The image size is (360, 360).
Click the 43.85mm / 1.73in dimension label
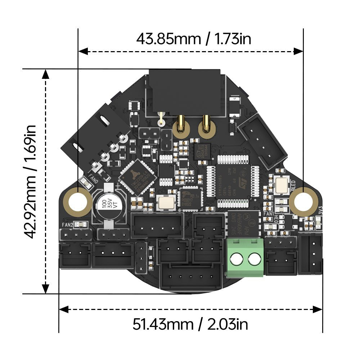[193, 39]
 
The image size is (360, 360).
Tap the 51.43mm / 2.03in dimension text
[190, 325]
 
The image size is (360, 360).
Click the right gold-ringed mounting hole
[303, 200]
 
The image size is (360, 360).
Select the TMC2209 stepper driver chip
[138, 177]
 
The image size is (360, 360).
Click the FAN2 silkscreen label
[67, 225]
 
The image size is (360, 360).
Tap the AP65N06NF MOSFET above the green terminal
[244, 224]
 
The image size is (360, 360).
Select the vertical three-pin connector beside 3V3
[311, 253]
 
